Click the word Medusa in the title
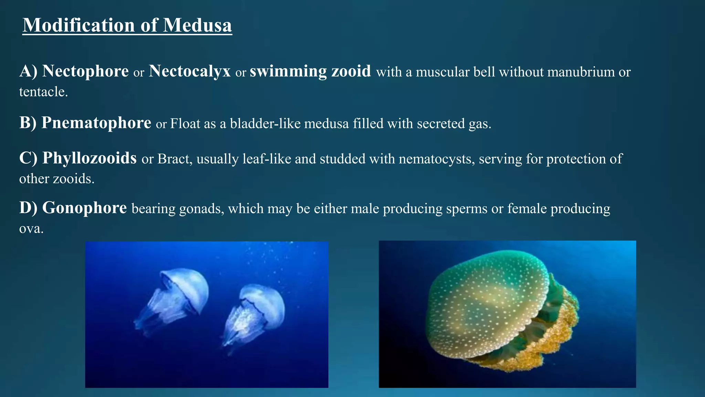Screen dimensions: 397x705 click(197, 25)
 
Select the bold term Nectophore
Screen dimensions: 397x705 click(85, 71)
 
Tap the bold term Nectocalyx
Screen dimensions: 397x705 click(190, 71)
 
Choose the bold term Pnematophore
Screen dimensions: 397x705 click(96, 123)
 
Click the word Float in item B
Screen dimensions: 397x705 click(185, 124)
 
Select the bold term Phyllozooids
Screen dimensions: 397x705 click(90, 158)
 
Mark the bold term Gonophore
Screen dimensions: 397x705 click(84, 208)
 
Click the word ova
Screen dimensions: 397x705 click(31, 228)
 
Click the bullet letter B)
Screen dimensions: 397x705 click(28, 123)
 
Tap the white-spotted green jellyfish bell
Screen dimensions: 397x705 click(485, 300)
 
